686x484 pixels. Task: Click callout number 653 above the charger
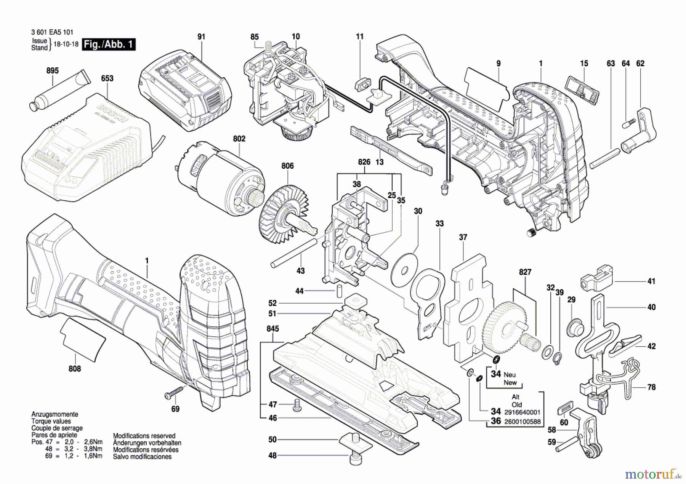[107, 78]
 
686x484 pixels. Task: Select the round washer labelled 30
[405, 266]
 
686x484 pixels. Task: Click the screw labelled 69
[174, 393]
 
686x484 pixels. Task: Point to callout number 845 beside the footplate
[272, 328]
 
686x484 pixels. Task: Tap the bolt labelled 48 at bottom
[355, 459]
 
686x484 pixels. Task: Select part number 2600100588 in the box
[522, 421]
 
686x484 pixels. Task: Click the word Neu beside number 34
[510, 375]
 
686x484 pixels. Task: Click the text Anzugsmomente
[54, 414]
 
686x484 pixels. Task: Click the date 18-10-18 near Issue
[66, 44]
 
